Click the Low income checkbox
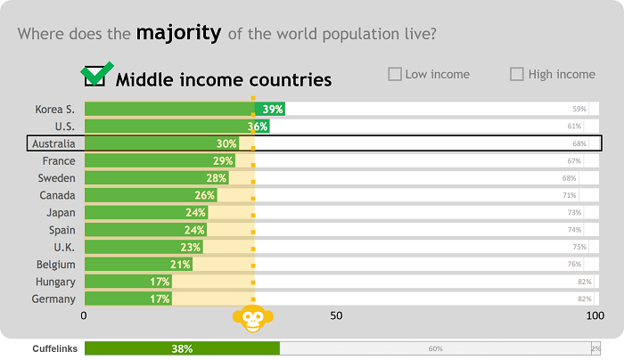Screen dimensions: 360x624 pos(395,74)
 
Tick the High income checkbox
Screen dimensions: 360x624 pos(517,74)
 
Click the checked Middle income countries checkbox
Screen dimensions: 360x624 pos(94,77)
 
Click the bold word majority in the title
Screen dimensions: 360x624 pos(178,34)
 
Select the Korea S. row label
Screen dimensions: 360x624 pos(54,109)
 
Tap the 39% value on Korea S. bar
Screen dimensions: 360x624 pos(273,109)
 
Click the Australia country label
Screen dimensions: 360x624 pos(53,143)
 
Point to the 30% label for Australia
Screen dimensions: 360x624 pos(226,143)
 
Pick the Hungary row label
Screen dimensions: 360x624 pos(55,282)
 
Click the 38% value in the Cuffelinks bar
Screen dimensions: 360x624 pos(182,349)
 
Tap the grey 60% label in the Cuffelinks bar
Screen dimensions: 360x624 pos(435,349)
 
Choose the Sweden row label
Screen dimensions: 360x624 pos(56,178)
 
